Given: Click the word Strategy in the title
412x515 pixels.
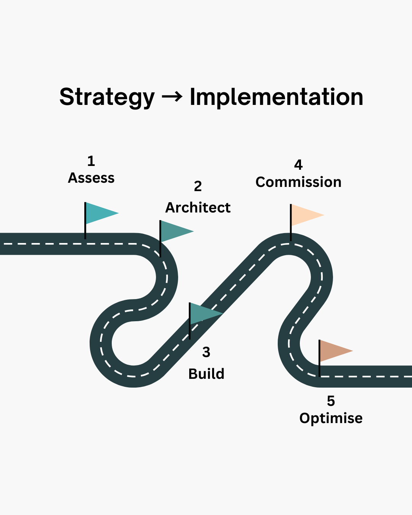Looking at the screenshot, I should pos(107,97).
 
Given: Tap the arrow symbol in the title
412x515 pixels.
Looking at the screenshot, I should pos(172,97).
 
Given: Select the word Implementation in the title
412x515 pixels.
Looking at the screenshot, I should pos(276,97).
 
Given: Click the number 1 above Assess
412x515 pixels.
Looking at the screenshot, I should pos(91,161).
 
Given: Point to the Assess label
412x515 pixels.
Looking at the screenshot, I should pos(91,178).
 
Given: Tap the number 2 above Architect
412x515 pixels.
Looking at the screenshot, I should pos(198,187).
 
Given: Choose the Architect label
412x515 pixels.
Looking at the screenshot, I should pos(198,208).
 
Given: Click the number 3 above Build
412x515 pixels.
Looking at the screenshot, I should pos(206,352).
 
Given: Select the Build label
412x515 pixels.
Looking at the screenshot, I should pos(206,374).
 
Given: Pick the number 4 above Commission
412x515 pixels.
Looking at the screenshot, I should pos(298,165).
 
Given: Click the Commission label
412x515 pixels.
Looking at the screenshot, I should pos(298,182).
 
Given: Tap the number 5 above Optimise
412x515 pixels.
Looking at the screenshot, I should pos(331,401).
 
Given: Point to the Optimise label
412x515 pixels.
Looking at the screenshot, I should pos(331,418).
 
